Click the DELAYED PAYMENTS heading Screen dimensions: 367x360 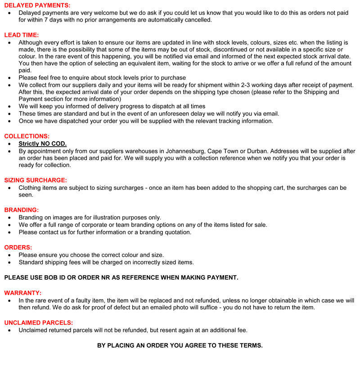pyautogui.click(x=37, y=5)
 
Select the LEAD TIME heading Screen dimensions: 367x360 pyautogui.click(x=21, y=35)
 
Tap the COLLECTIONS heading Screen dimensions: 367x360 pyautogui.click(x=27, y=136)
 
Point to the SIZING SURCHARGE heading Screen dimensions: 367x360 pyautogui.click(x=36, y=180)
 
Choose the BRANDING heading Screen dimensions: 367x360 pyautogui.click(x=22, y=210)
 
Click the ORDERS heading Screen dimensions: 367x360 pyautogui.click(x=18, y=247)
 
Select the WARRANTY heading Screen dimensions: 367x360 pyautogui.click(x=23, y=292)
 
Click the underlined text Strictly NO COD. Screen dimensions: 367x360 pyautogui.click(x=42, y=143)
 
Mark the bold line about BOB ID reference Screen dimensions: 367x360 pyautogui.click(x=121, y=277)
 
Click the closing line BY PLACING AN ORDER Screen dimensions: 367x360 pyautogui.click(x=180, y=345)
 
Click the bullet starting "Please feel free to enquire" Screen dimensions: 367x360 pyautogui.click(x=102, y=78)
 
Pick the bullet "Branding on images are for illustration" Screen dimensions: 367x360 pyautogui.click(x=90, y=217)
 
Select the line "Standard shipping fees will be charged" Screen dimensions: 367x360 pyautogui.click(x=106, y=262)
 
